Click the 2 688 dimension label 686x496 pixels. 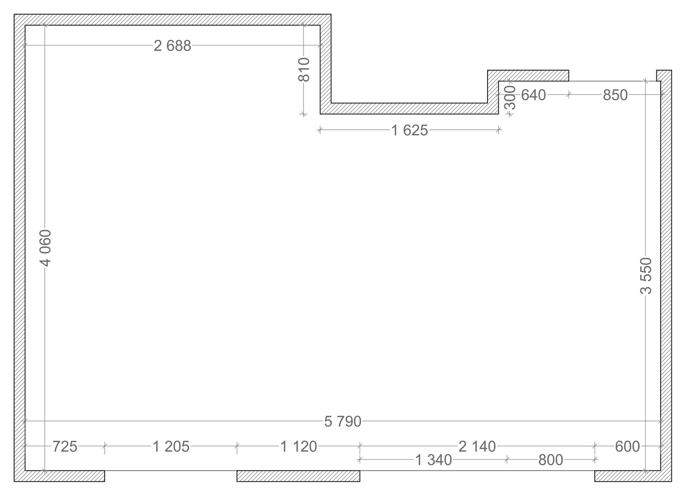172,46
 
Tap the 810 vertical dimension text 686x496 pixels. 304,70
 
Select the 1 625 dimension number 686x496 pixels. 409,131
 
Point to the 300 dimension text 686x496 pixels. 510,98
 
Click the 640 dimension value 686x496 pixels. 533,95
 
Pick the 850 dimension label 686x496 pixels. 615,95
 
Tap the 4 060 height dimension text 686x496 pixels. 45,248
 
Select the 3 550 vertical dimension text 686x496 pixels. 646,276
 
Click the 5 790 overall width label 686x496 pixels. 343,421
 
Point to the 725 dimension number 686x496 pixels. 65,447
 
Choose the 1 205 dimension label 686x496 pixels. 171,447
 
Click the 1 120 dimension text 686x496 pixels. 298,447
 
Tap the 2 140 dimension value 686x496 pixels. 477,447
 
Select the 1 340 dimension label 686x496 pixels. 433,460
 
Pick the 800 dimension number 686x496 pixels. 551,460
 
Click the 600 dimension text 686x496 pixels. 628,447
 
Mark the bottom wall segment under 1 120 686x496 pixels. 298,476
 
